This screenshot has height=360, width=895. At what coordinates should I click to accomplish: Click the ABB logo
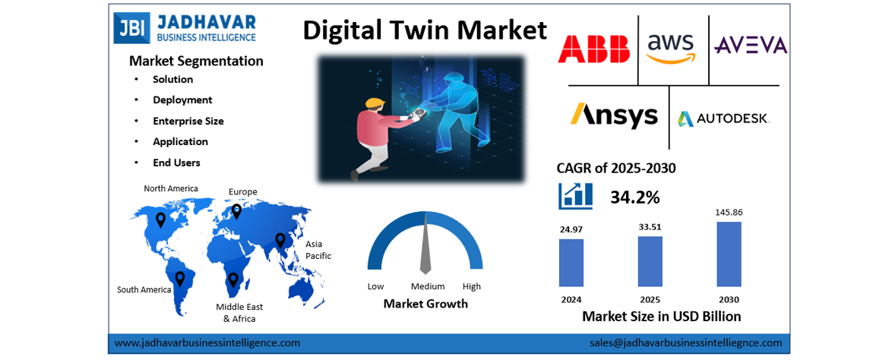click(594, 47)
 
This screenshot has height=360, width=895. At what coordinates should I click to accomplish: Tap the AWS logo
click(672, 47)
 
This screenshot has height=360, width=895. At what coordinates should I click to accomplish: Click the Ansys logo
click(614, 115)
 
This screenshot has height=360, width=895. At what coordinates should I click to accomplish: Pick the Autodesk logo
click(723, 118)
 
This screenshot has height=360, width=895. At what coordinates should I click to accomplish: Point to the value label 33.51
click(650, 226)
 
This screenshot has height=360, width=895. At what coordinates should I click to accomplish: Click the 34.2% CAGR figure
click(634, 197)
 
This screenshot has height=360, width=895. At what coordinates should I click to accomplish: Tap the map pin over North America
click(160, 219)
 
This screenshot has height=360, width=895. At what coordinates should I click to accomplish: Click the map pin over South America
click(180, 279)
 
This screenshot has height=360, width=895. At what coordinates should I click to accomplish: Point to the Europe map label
click(243, 191)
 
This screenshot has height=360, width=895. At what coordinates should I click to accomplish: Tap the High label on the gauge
click(471, 286)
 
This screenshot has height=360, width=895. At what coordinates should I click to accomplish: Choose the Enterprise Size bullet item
click(188, 121)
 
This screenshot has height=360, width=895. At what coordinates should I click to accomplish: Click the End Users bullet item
click(176, 163)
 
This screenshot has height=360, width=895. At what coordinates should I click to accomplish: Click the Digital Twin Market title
click(425, 30)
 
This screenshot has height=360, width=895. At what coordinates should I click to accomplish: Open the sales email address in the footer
click(685, 343)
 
